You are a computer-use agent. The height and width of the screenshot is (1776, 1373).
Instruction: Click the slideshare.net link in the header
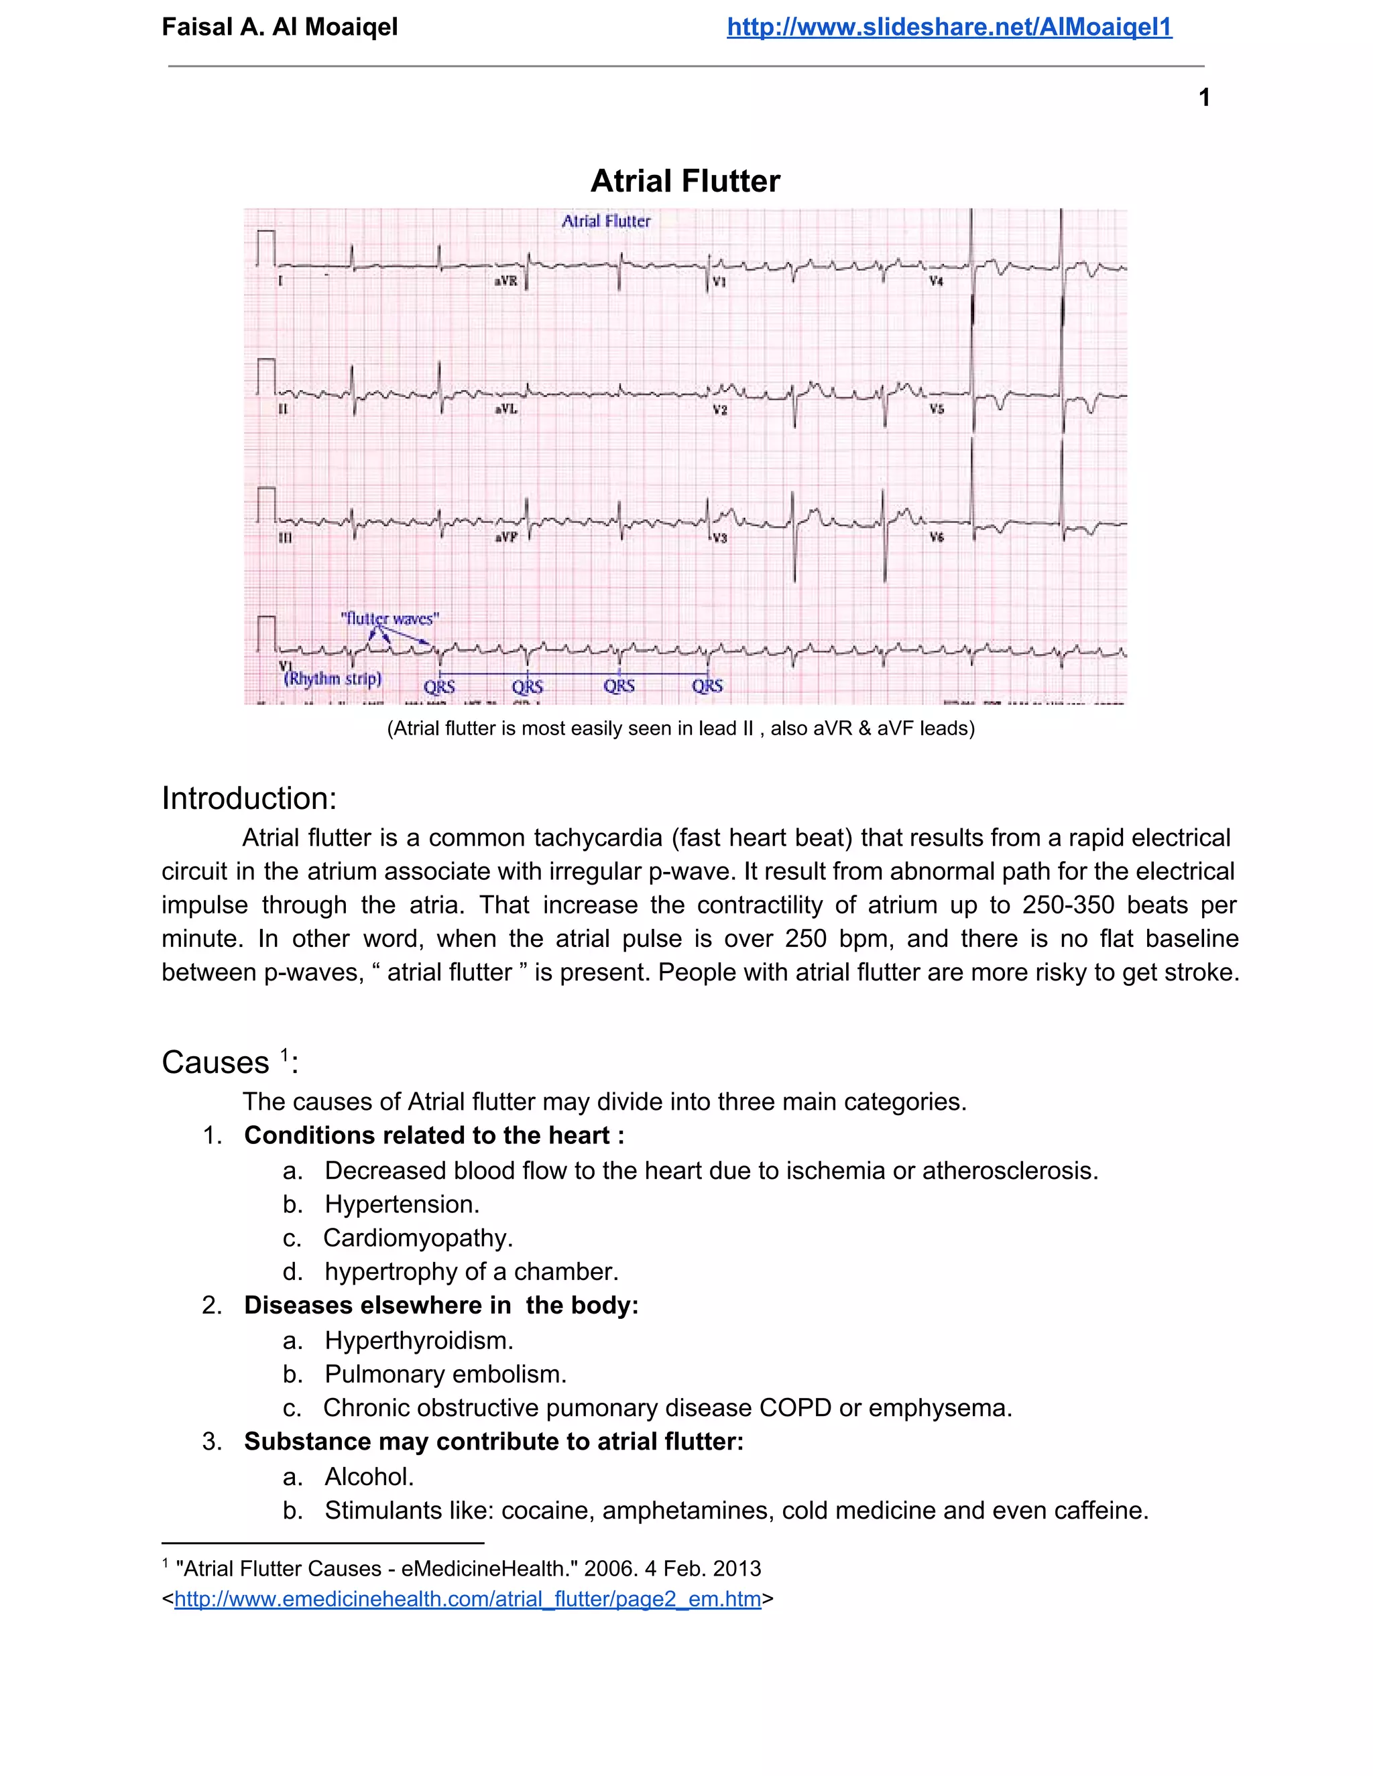pyautogui.click(x=949, y=27)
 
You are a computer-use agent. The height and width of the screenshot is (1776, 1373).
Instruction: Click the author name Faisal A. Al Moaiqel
pyautogui.click(x=280, y=27)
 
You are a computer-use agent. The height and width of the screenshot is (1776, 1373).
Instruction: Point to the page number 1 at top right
pyautogui.click(x=1204, y=98)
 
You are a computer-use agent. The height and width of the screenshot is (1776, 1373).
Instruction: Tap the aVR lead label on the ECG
pyautogui.click(x=506, y=281)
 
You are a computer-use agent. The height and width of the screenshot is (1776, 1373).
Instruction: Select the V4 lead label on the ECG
pyautogui.click(x=936, y=281)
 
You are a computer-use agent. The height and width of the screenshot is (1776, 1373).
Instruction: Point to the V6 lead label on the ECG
pyautogui.click(x=936, y=537)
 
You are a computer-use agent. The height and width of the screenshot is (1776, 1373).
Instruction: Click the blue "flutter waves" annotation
pyautogui.click(x=390, y=618)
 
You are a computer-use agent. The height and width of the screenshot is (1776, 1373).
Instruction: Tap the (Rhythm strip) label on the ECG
pyautogui.click(x=332, y=678)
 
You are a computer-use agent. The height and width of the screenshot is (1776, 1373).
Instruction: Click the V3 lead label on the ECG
pyautogui.click(x=719, y=538)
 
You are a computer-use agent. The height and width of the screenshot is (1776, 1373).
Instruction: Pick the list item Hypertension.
pyautogui.click(x=402, y=1204)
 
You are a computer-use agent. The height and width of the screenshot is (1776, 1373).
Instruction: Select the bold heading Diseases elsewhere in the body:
pyautogui.click(x=441, y=1305)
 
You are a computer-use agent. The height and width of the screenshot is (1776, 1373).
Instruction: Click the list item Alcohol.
pyautogui.click(x=369, y=1476)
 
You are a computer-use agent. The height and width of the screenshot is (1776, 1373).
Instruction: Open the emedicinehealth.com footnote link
pyautogui.click(x=468, y=1598)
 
